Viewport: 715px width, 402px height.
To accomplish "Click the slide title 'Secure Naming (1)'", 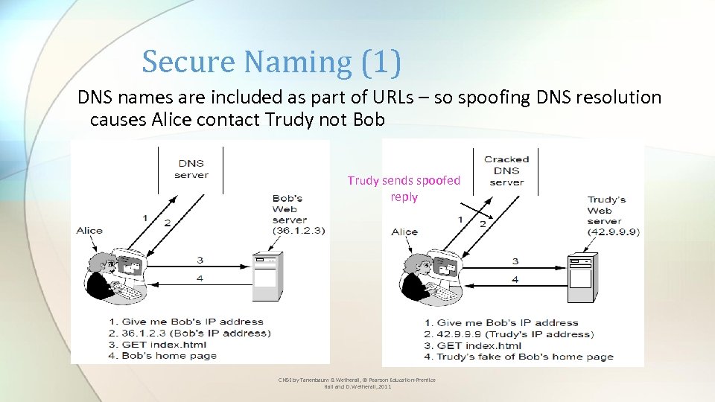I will point(272,62).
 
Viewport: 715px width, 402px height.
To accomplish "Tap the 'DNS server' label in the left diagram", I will point(191,169).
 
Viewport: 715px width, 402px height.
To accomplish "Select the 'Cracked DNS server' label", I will point(506,170).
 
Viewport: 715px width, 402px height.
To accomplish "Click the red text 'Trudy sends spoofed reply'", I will point(404,188).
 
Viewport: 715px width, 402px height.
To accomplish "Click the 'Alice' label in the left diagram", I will point(89,230).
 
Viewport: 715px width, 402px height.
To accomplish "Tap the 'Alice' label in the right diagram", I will point(404,232).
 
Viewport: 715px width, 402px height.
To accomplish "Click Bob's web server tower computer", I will point(266,278).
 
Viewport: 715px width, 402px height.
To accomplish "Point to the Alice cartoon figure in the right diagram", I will point(433,274).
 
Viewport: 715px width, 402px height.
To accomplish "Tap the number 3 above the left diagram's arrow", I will point(200,259).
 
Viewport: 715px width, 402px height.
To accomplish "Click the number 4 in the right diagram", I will point(515,279).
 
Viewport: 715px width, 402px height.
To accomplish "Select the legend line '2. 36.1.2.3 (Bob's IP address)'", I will point(195,333).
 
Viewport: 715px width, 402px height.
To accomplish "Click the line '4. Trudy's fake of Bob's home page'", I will point(518,357).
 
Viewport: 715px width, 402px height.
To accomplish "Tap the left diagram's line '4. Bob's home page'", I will point(168,355).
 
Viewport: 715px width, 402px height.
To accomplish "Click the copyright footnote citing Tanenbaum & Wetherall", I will point(357,383).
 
